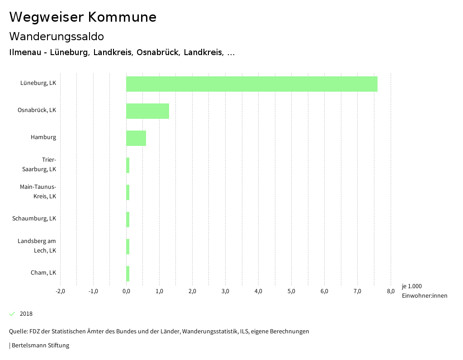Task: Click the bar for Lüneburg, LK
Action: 251,84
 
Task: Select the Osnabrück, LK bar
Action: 147,111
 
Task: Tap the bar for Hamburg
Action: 136,138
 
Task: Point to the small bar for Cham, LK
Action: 128,274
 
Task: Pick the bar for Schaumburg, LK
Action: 128,220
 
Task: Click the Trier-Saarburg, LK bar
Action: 128,165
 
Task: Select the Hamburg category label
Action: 43,137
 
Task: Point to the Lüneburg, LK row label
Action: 38,83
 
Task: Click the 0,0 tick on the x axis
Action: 126,291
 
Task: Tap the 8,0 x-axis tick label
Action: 391,291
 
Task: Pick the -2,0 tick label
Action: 60,291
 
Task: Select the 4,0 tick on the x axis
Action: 259,291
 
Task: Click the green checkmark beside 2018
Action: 12,314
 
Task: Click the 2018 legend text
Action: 26,314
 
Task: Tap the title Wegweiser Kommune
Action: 83,17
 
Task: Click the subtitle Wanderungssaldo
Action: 57,36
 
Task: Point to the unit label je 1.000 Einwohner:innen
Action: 424,291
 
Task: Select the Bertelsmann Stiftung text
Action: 40,346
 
